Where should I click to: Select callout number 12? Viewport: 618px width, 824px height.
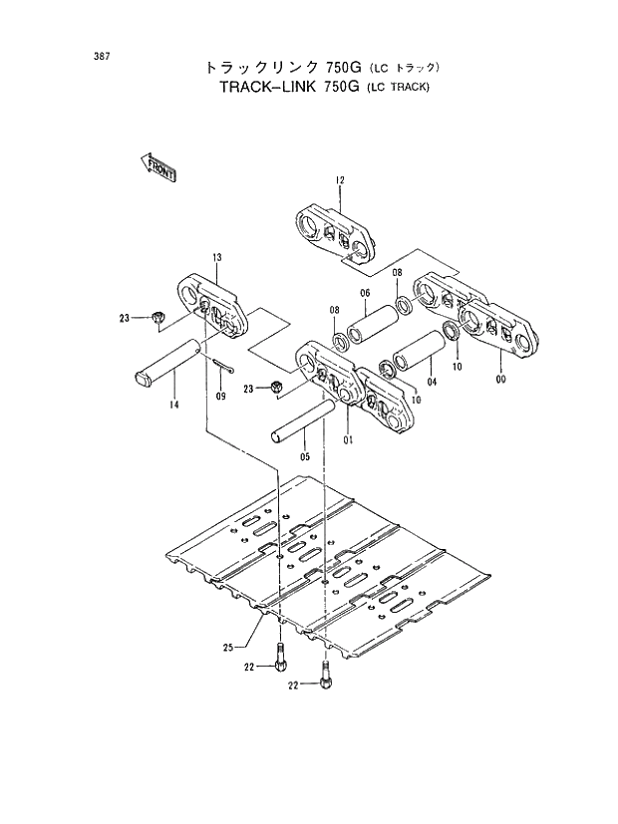coord(339,180)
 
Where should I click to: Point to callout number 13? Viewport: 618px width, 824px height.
coord(215,258)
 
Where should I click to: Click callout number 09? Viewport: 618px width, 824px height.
coord(220,397)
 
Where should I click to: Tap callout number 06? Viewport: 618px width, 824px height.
coord(365,292)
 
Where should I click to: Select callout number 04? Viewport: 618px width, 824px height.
coord(432,381)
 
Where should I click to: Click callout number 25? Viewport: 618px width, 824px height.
coord(229,649)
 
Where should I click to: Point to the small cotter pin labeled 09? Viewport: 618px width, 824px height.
coord(222,367)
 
